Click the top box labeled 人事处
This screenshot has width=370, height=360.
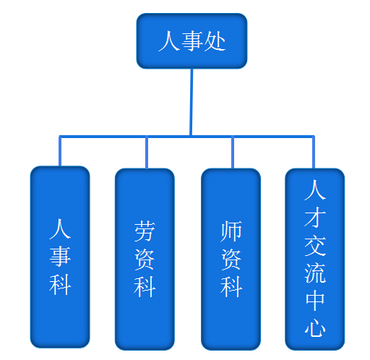pos(192,41)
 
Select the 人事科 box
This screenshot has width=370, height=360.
pos(60,257)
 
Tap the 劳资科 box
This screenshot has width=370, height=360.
pos(145,260)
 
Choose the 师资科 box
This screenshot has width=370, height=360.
pos(231,260)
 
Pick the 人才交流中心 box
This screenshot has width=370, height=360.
pos(314,260)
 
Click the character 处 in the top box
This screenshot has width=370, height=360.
pos(215,41)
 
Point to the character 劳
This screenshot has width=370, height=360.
pos(145,231)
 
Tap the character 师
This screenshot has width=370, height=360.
pos(231,231)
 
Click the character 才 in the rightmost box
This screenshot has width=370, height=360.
pos(315,217)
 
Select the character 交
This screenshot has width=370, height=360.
pos(315,245)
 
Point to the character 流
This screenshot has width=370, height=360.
pos(315,273)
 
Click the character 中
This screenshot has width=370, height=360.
pos(315,301)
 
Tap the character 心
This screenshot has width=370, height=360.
pos(315,327)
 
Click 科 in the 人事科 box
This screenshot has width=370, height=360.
pos(60,285)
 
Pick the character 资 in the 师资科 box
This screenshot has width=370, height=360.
pos(231,260)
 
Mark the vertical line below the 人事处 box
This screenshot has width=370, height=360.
pos(192,103)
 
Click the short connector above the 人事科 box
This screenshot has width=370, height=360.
pos(60,151)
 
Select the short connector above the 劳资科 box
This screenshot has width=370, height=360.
pos(147,153)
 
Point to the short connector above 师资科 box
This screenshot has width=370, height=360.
pos(233,153)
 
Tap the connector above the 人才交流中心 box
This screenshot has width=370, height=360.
pos(314,153)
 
